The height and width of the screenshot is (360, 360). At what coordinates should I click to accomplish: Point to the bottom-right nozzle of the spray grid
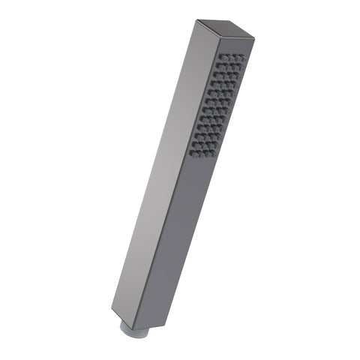(x=208, y=154)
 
